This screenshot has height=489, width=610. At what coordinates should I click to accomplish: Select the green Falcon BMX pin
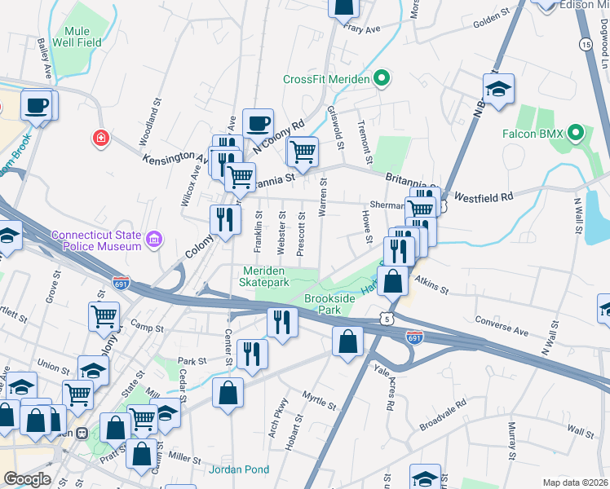[577, 131]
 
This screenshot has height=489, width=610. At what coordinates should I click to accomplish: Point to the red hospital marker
[101, 139]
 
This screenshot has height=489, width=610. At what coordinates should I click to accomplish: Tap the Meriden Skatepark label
[266, 276]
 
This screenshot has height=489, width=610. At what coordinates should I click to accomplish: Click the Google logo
[27, 479]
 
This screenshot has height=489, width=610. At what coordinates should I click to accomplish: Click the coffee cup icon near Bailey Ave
[36, 105]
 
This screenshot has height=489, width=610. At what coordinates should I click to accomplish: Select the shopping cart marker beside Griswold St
[302, 151]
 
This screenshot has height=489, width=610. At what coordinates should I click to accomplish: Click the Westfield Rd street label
[483, 196]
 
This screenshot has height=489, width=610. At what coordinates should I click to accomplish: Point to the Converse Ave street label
[502, 326]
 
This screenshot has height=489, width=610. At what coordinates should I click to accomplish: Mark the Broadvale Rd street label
[443, 415]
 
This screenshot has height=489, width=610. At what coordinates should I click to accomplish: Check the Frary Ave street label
[363, 29]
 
